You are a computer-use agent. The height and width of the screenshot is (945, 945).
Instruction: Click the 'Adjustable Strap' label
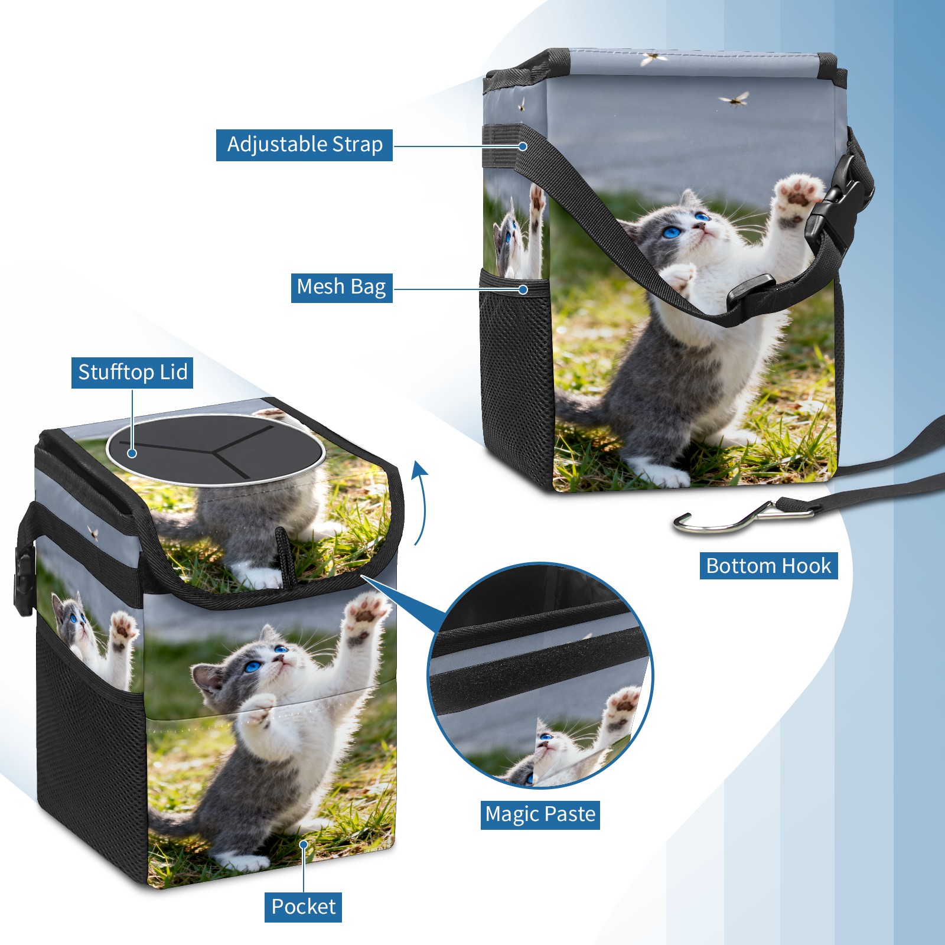tap(304, 145)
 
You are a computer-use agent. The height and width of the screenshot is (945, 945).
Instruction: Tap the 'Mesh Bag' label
tap(341, 288)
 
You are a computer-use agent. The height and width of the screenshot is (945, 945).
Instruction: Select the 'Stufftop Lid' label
tap(132, 373)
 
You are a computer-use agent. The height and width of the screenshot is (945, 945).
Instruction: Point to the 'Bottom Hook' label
tap(768, 566)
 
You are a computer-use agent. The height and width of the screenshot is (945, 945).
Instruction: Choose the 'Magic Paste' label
tap(540, 814)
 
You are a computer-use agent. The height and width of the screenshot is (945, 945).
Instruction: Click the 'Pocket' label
tap(303, 907)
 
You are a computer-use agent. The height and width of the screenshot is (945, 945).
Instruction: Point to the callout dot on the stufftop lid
tap(132, 453)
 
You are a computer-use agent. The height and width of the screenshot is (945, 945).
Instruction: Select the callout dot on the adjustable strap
tap(523, 146)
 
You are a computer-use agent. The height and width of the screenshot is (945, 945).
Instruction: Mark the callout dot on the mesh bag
tap(523, 289)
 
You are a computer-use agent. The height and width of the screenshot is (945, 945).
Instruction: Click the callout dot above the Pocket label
tap(304, 845)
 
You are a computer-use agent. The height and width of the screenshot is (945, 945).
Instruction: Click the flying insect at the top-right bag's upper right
tap(734, 99)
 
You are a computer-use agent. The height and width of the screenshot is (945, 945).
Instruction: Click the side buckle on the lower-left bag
tap(24, 582)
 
